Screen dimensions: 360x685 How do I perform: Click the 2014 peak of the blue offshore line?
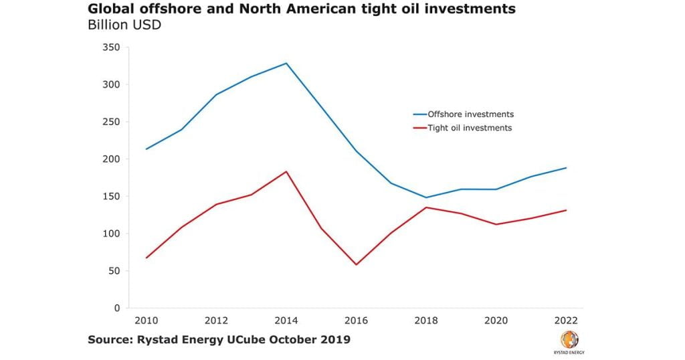point(286,64)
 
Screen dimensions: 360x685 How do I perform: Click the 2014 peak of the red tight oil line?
point(286,171)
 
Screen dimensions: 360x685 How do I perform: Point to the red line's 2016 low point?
point(357,264)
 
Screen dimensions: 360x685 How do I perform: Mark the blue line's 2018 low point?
point(426,197)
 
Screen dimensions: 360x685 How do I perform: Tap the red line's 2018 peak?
point(426,207)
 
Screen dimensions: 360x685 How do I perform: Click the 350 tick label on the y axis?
point(111,48)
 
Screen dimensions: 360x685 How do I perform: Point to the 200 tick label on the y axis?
point(111,159)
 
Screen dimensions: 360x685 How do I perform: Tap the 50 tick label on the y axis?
point(114,271)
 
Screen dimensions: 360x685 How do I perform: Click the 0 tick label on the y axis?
point(116,308)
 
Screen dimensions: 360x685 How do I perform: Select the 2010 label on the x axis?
point(146,321)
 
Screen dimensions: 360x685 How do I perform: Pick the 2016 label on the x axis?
point(357,321)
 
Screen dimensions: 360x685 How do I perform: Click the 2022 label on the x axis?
point(567,321)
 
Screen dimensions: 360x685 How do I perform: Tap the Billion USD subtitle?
point(124,25)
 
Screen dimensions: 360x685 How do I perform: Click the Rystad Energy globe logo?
point(569,339)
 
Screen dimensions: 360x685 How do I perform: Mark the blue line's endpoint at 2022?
point(567,168)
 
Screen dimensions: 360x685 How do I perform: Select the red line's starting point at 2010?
point(146,258)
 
